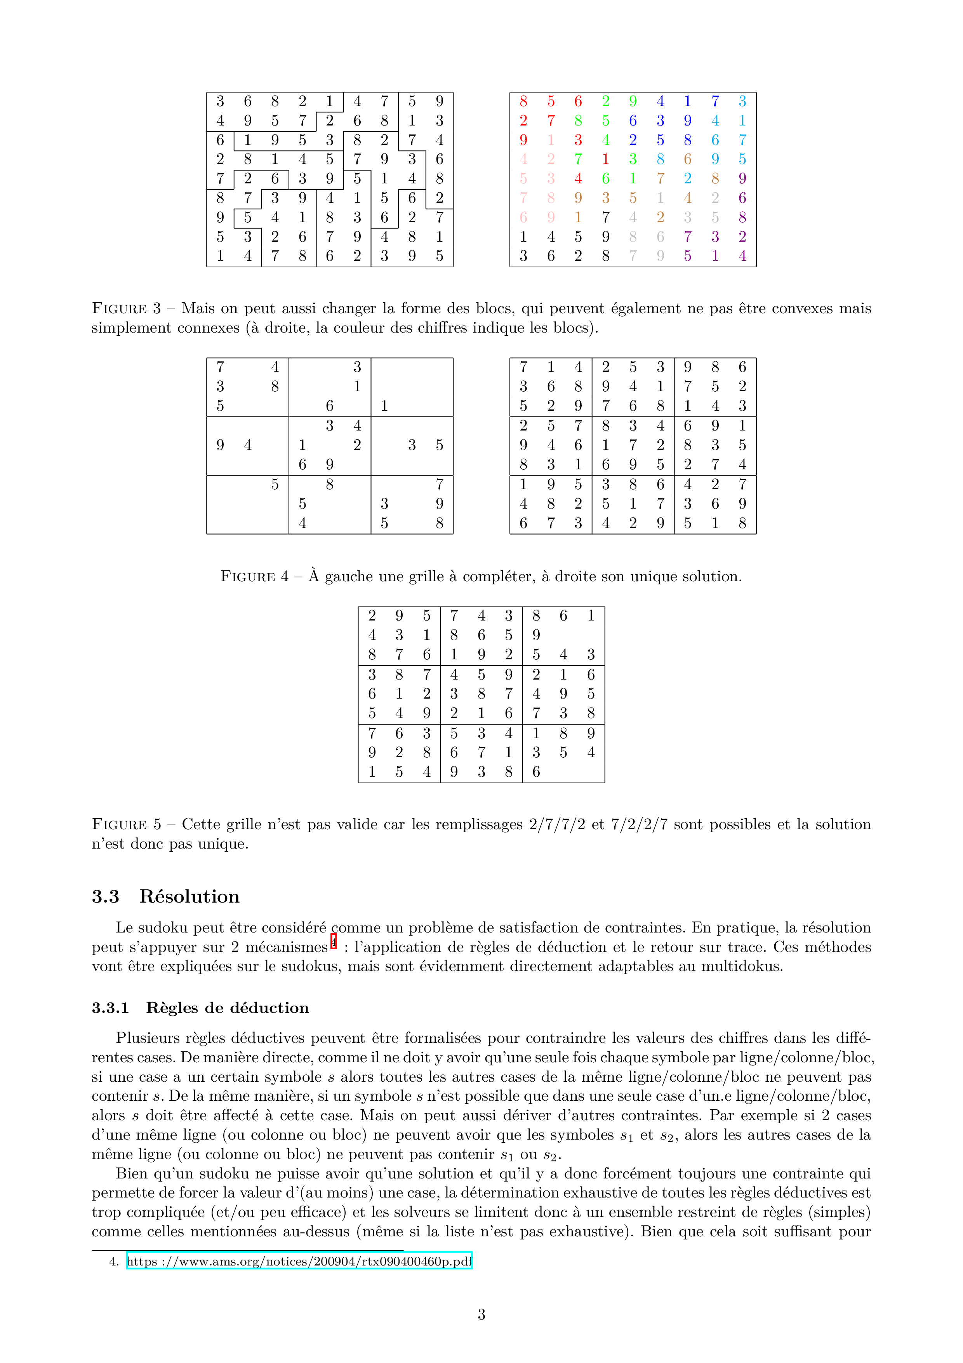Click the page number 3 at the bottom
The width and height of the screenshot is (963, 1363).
pos(481,1314)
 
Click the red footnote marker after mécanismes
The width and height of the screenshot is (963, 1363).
pos(334,941)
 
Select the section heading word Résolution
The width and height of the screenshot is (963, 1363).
pos(189,896)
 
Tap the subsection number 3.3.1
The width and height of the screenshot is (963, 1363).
pos(110,1008)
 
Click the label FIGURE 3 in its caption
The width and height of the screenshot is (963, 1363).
pos(126,309)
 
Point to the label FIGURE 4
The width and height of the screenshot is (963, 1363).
pos(255,577)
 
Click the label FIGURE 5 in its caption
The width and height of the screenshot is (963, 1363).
pos(126,824)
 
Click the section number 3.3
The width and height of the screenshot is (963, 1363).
pos(106,896)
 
